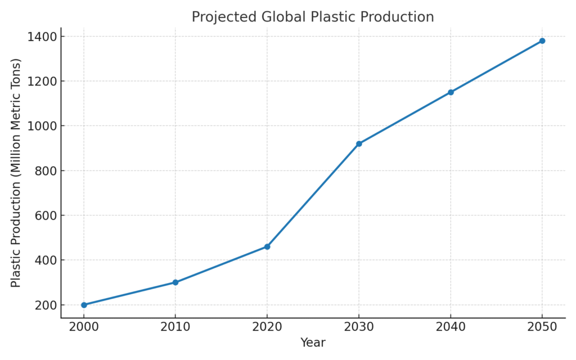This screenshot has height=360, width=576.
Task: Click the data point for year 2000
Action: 84,305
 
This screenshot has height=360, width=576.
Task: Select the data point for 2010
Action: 175,282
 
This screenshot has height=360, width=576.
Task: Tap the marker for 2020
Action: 267,246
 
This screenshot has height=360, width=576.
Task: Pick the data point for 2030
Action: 359,143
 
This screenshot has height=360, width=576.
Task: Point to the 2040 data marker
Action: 451,92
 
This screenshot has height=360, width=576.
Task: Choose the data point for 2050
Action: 542,40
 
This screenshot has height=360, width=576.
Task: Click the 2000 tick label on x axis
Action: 84,327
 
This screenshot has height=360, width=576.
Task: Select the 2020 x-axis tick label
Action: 267,327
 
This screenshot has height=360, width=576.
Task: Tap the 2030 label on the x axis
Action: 359,327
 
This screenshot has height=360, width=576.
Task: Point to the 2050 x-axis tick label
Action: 542,327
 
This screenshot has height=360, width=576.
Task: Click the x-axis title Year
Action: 313,343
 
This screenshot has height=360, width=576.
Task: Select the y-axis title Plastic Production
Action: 16,173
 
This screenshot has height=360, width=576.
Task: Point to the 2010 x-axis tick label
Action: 175,327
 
